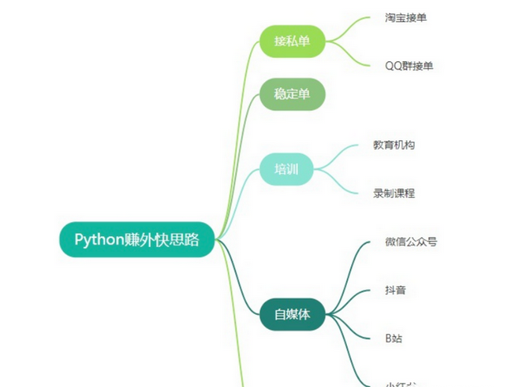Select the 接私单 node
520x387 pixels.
[291, 41]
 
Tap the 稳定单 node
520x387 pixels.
[291, 94]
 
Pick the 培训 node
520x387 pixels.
[286, 169]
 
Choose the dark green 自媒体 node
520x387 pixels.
[291, 314]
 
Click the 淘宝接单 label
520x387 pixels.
[406, 17]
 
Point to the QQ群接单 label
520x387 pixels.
[409, 65]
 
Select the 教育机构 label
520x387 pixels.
[394, 145]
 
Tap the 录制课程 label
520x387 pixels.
[394, 193]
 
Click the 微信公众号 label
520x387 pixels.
[411, 242]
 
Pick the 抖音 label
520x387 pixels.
[395, 290]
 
